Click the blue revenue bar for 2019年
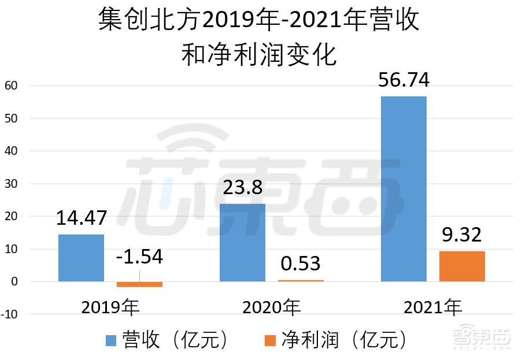pyautogui.click(x=82, y=258)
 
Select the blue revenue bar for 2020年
pyautogui.click(x=243, y=243)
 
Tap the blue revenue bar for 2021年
pyautogui.click(x=403, y=189)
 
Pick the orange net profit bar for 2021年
pyautogui.click(x=462, y=266)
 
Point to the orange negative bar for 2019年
pyautogui.click(x=139, y=284)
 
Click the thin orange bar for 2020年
pyautogui.click(x=301, y=281)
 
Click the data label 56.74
pyautogui.click(x=403, y=80)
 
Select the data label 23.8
pyautogui.click(x=243, y=188)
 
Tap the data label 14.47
pyautogui.click(x=82, y=219)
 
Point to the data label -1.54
pyautogui.click(x=139, y=257)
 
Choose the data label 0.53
pyautogui.click(x=301, y=263)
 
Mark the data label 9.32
pyautogui.click(x=462, y=235)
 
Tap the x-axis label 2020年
pyautogui.click(x=272, y=308)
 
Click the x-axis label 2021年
pyautogui.click(x=433, y=308)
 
